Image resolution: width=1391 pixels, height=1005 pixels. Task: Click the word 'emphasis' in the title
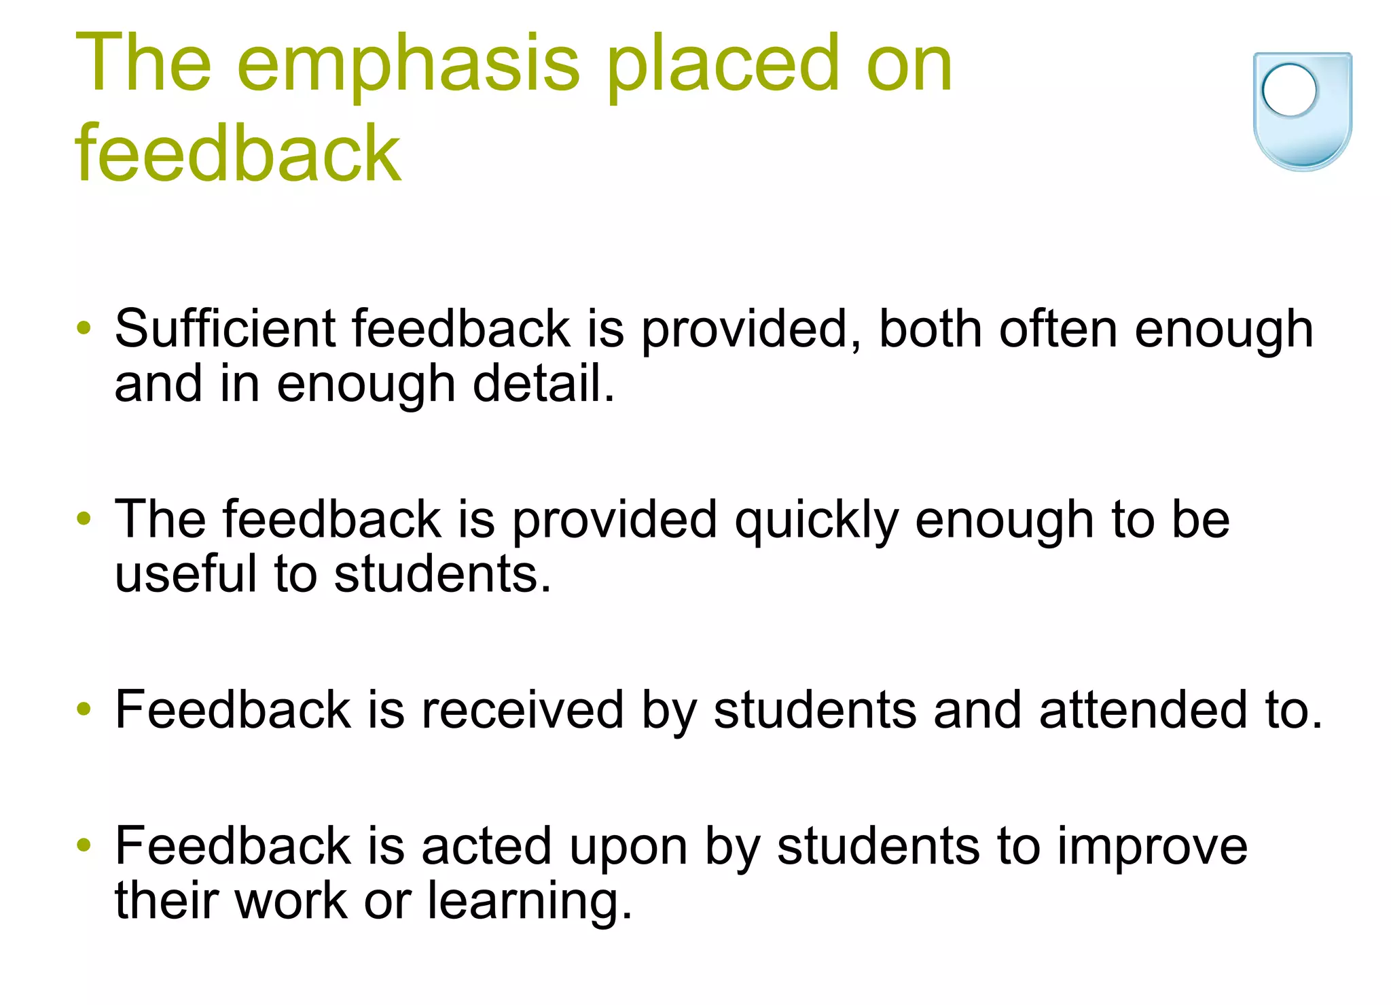[x=408, y=66]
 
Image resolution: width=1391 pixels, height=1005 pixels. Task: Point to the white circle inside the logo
[x=1289, y=90]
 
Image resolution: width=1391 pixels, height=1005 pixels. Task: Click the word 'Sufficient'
[x=224, y=329]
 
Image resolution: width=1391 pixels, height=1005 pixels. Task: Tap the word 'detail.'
[x=543, y=383]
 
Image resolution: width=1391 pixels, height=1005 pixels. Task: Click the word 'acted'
[x=486, y=846]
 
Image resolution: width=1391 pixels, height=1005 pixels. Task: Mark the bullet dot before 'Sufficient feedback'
[x=84, y=328]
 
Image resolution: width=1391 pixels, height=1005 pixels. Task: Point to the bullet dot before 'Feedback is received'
[x=84, y=709]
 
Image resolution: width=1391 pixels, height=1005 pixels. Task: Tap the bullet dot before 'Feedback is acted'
[x=84, y=845]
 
